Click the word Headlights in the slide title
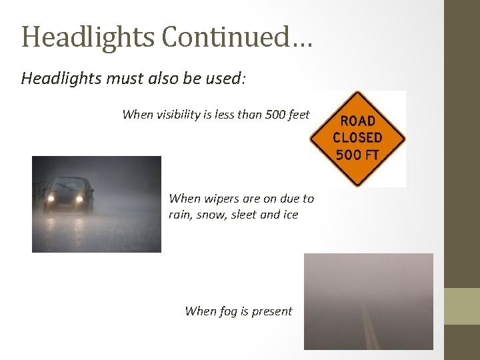[88, 37]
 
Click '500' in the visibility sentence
[273, 115]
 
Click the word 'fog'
[231, 311]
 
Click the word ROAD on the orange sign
[357, 121]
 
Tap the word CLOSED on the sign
[357, 138]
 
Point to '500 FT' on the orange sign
[357, 155]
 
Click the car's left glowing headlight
[50, 198]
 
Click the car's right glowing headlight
[79, 198]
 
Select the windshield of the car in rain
[65, 185]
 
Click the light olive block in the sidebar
[462, 306]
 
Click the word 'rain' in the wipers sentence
[181, 215]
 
